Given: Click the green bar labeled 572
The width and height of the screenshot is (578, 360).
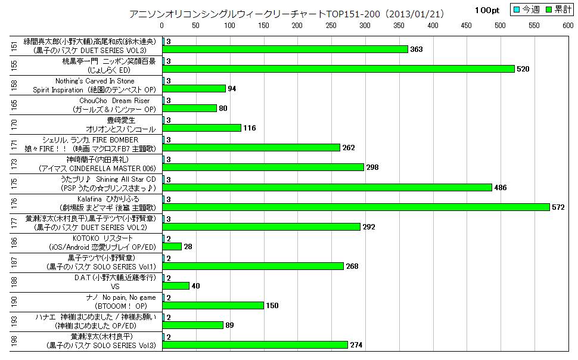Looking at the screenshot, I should click(x=356, y=207).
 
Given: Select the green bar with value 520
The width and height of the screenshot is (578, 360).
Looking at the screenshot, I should click(x=338, y=69).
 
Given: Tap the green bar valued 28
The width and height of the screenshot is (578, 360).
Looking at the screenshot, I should click(x=172, y=246).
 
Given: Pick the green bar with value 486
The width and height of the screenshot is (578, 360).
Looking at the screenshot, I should click(x=327, y=187).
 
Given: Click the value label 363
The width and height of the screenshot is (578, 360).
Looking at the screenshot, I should click(x=416, y=49).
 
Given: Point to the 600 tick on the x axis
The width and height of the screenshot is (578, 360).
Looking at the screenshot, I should click(x=568, y=26).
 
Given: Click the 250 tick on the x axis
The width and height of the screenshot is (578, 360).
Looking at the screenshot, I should click(x=331, y=26).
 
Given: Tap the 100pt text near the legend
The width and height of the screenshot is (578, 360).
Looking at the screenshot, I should click(x=487, y=11).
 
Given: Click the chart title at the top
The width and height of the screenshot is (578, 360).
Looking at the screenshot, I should click(x=287, y=13).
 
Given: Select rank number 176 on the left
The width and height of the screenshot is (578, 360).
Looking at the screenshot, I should click(x=14, y=203).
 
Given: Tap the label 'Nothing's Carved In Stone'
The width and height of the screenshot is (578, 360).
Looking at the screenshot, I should click(x=104, y=80).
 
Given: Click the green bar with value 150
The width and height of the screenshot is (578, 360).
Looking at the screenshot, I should click(x=213, y=305).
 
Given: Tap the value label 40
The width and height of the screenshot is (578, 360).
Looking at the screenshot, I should click(x=195, y=285).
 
